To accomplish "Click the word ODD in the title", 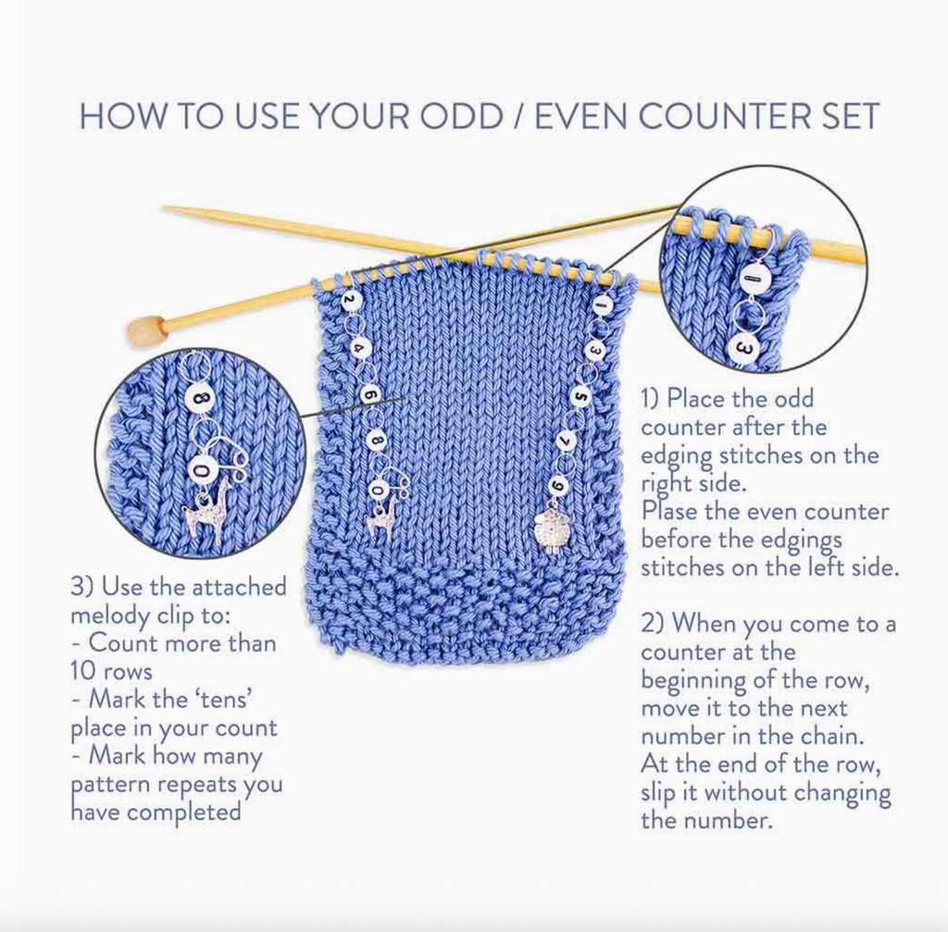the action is tap(462, 116).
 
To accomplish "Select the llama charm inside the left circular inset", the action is tap(207, 511).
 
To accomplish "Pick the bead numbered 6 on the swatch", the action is tap(370, 395).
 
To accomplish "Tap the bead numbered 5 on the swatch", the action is tap(581, 396).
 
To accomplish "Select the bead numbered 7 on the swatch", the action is tap(568, 440).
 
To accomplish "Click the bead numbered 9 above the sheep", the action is tap(558, 485).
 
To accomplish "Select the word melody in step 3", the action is tap(111, 615).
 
